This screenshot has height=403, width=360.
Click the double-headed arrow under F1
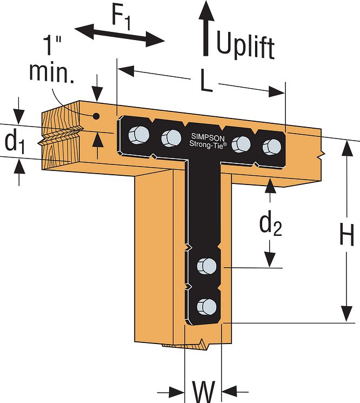click(119, 34)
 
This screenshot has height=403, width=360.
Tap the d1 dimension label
click(15, 142)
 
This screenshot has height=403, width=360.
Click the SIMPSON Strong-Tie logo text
click(203, 140)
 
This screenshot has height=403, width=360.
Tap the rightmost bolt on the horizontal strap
click(271, 146)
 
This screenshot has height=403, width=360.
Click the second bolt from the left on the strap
click(171, 138)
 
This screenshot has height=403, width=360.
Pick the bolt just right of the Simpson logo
click(241, 143)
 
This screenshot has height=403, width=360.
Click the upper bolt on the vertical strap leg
click(205, 266)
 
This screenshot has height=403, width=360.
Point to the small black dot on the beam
click(96, 116)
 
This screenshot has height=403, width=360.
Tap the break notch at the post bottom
click(202, 343)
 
